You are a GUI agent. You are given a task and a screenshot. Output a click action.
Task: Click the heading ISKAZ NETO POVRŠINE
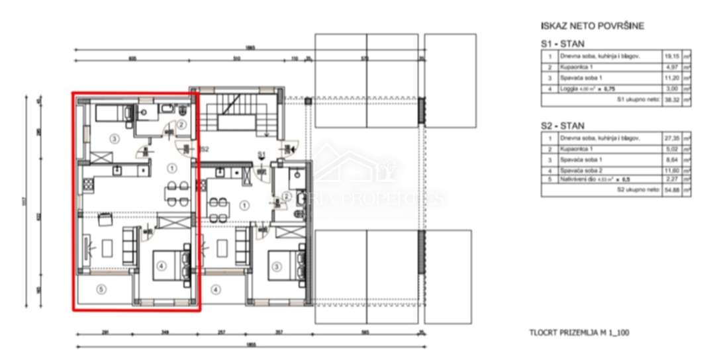point(592,26)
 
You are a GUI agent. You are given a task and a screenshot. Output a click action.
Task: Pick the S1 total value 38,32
point(671,100)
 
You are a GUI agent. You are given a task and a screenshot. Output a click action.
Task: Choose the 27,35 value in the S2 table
point(671,138)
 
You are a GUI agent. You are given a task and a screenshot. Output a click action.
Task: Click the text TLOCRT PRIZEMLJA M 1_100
point(579,332)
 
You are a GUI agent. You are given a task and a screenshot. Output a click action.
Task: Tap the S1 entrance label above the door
point(262,155)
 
